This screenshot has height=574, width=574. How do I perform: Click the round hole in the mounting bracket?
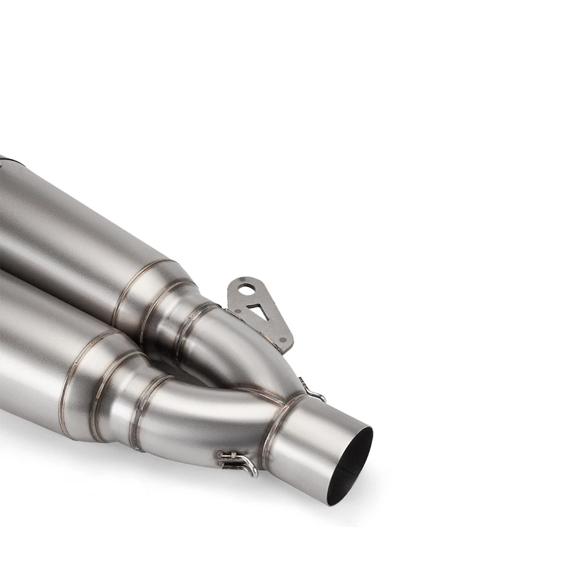coord(247,290)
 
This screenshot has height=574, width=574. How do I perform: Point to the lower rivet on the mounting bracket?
coord(282,341)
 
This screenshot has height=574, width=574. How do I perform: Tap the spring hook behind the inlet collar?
coord(313,393)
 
